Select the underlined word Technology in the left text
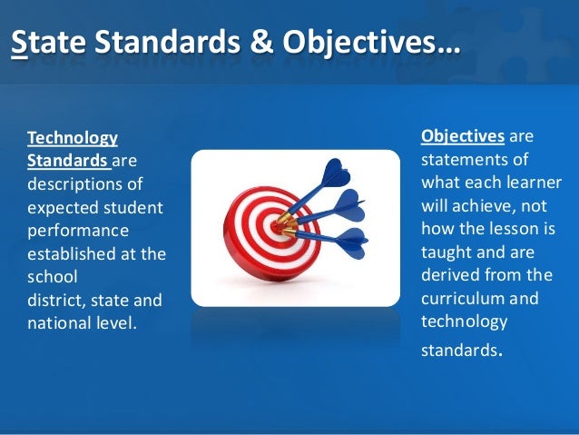(x=73, y=138)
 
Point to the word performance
(x=78, y=231)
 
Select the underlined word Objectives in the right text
(x=462, y=136)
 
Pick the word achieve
(x=476, y=204)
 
